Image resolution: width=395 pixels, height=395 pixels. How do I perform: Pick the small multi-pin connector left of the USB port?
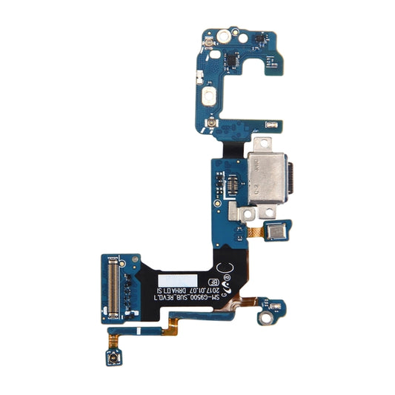[x=232, y=182]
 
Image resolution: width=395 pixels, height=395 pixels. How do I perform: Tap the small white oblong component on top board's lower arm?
[x=273, y=124]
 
